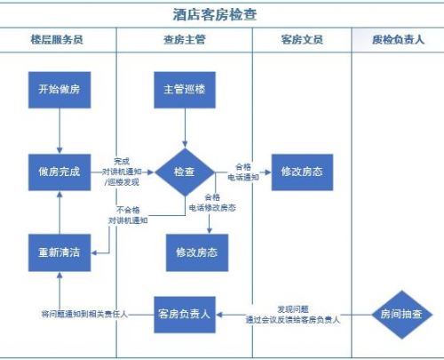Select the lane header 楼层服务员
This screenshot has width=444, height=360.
click(x=59, y=41)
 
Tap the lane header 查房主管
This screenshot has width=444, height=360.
click(x=184, y=41)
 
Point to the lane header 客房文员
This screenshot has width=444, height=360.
click(x=302, y=41)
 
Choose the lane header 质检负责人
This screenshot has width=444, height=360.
click(x=398, y=41)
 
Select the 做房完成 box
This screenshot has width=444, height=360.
click(x=59, y=172)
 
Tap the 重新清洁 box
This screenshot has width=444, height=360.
click(x=59, y=252)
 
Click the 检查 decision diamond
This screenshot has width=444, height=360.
click(x=185, y=172)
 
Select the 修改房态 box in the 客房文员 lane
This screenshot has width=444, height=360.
click(x=302, y=172)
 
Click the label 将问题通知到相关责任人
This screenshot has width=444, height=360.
click(x=84, y=315)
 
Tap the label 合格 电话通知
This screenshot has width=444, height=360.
click(x=246, y=172)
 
